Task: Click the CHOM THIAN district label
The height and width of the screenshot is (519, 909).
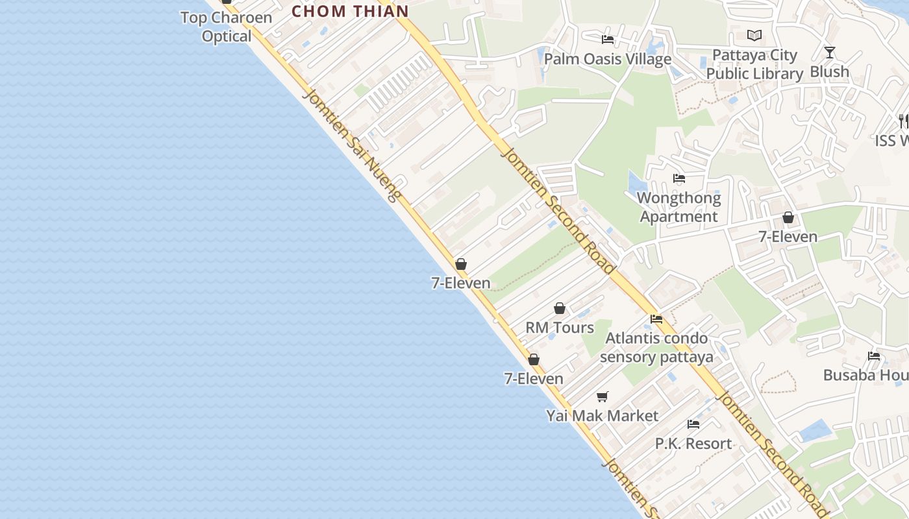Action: [x=350, y=11]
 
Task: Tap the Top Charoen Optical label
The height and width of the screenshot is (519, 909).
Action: [x=226, y=27]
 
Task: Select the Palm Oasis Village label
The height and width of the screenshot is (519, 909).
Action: [x=608, y=59]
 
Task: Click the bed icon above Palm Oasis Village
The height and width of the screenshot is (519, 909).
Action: [x=608, y=40]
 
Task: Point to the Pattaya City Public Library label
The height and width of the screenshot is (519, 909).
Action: [x=754, y=64]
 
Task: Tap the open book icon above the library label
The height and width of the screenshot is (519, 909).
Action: [x=754, y=36]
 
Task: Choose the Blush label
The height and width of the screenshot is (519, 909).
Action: [x=829, y=71]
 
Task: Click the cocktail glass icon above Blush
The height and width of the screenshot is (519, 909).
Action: [x=829, y=53]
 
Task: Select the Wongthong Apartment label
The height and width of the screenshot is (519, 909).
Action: [x=679, y=207]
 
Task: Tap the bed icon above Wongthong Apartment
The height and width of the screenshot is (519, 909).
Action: [x=679, y=178]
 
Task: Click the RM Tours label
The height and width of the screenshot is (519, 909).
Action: [x=560, y=328]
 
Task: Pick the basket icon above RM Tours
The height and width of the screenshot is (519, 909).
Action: [x=560, y=309]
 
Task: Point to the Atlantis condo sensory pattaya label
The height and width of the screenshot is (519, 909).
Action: [x=656, y=348]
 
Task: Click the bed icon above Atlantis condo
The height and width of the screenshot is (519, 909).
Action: [x=656, y=319]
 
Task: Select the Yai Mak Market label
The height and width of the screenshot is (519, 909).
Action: [x=603, y=416]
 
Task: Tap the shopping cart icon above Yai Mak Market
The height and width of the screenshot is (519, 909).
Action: [x=603, y=396]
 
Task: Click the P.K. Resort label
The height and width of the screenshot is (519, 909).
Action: [x=693, y=444]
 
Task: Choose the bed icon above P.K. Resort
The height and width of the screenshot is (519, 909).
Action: [x=693, y=424]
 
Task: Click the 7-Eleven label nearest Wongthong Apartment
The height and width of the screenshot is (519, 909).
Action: [x=788, y=237]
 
